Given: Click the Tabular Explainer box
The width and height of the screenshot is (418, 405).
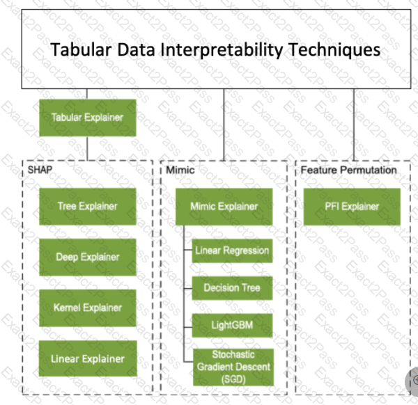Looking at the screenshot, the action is tap(88, 118).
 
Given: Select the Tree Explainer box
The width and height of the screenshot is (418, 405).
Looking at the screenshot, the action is tap(88, 207).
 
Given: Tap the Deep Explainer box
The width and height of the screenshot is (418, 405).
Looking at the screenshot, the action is tap(88, 257).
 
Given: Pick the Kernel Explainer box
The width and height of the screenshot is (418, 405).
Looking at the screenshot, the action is tap(88, 308).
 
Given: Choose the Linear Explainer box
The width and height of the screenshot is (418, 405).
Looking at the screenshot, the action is tap(88, 358).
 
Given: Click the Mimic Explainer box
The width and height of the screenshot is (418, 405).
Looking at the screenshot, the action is tap(224, 207).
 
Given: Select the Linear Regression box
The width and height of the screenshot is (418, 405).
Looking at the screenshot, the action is tap(233, 251).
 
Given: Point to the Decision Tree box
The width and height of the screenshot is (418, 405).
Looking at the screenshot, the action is tap(233, 288).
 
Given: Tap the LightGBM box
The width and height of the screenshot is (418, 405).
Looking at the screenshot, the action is tap(233, 326).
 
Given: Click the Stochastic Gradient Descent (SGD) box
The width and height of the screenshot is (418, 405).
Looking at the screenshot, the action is tap(233, 367).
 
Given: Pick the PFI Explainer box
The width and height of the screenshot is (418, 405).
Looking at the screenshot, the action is tap(352, 207).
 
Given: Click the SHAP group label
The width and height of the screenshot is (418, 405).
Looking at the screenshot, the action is tap(40, 170).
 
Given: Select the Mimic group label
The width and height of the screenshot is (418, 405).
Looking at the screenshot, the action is tap(180, 170).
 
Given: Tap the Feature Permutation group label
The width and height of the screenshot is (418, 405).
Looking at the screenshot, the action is tap(349, 170).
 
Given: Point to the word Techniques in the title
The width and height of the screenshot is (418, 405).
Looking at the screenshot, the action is tap(334, 50).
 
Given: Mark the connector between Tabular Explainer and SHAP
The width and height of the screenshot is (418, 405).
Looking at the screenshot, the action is tap(87, 148).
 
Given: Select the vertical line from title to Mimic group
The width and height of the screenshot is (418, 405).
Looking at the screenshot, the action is tap(224, 125).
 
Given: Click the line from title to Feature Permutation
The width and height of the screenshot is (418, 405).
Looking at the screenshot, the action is tap(354, 125).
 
